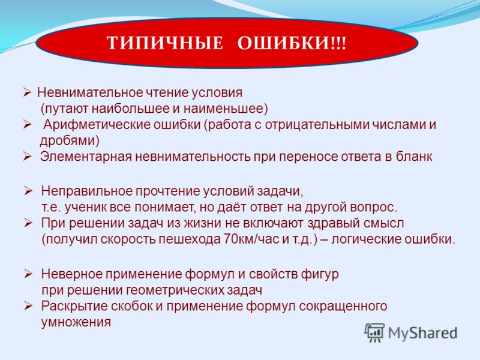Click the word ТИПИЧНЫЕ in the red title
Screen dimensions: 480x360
[165, 43]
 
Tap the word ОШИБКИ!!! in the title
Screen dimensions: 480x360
[292, 43]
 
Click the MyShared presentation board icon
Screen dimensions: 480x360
[374, 332]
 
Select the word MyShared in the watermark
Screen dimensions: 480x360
[422, 333]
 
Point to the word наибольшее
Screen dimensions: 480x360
[128, 109]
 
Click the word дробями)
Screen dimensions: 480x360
[70, 141]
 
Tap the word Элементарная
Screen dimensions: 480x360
[86, 157]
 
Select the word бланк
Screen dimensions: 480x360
[414, 157]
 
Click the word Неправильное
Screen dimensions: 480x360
[86, 191]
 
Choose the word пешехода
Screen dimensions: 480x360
[190, 239]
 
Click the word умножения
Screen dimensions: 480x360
[76, 322]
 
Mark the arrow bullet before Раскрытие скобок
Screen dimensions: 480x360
[28, 306]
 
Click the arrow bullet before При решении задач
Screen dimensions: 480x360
[28, 223]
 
